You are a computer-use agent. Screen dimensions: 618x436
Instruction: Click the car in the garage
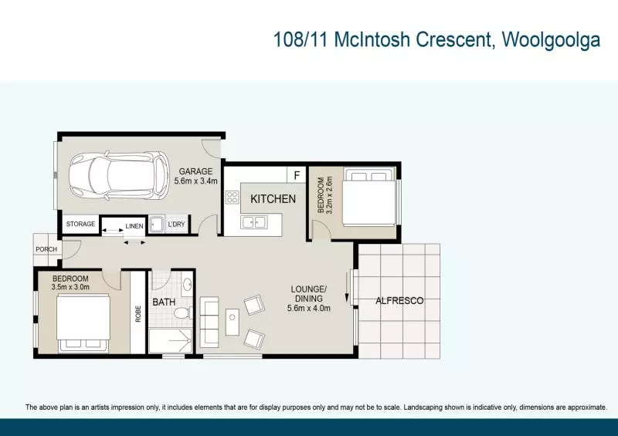[x=119, y=176]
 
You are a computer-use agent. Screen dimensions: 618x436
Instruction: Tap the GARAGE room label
[x=195, y=171]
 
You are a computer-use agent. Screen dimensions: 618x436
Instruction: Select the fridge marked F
[x=297, y=175]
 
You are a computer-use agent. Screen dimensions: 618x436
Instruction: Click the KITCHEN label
[x=273, y=199]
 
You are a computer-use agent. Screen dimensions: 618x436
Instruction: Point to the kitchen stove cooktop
[x=233, y=197]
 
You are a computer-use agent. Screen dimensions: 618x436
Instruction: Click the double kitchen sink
[x=254, y=222]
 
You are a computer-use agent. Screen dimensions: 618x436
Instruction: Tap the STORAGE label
[x=80, y=224]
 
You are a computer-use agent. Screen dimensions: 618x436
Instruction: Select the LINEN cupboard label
[x=134, y=226]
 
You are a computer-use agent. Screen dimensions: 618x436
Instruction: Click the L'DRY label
[x=176, y=224]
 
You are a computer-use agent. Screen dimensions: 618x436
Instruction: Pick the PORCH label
[x=46, y=249]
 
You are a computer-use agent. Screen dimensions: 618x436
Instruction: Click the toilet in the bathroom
[x=183, y=313]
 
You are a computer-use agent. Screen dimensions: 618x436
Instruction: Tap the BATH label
[x=164, y=302]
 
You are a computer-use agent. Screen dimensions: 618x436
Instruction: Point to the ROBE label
[x=138, y=314]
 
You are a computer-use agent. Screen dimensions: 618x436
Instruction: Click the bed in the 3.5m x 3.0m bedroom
[x=83, y=323]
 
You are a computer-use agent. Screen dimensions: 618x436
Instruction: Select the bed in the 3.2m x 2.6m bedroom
[x=369, y=197]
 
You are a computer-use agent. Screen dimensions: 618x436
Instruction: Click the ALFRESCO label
[x=399, y=301]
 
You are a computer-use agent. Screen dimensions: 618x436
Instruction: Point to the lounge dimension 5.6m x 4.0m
[x=309, y=308]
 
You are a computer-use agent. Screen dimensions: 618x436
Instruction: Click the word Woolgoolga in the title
[x=551, y=40]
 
